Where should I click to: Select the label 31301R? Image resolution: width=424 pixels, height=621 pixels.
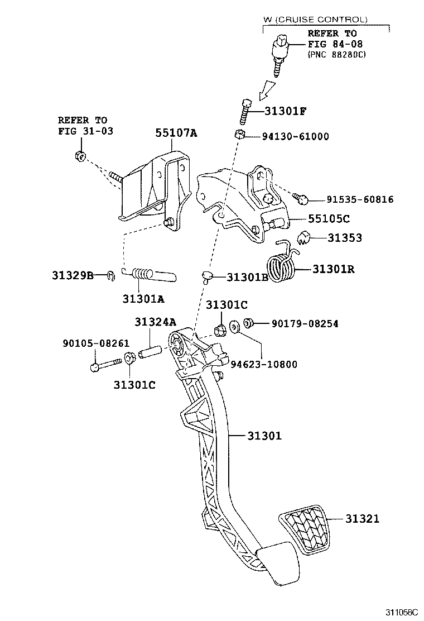click(x=334, y=269)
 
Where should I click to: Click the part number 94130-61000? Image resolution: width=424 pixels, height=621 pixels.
click(x=296, y=136)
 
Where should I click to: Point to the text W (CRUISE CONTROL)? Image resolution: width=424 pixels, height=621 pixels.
click(x=315, y=19)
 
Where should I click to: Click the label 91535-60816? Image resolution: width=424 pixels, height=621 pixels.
click(x=360, y=199)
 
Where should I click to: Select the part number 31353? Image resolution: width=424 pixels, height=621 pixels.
click(x=344, y=238)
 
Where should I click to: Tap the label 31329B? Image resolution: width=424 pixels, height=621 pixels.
click(x=73, y=275)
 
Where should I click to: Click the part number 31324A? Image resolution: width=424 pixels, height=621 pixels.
click(x=155, y=322)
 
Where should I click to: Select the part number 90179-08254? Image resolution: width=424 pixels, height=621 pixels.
click(x=305, y=323)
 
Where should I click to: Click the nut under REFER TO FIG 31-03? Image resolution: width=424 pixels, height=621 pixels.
click(x=79, y=155)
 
